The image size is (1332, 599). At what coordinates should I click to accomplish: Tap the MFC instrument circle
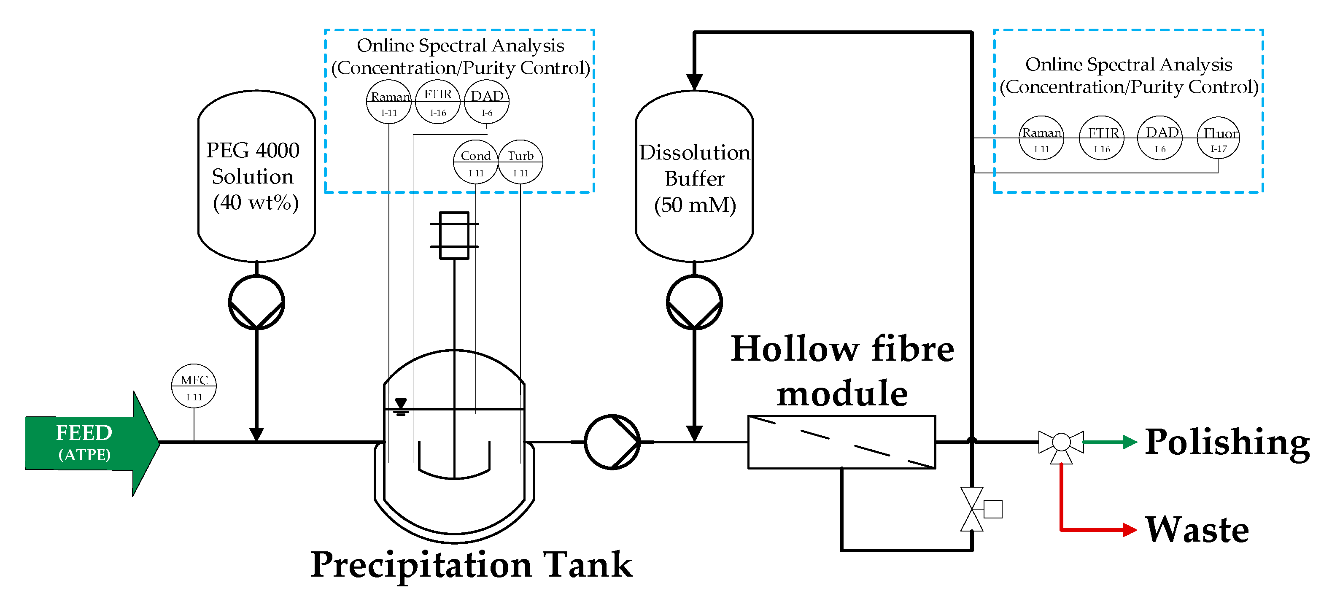click(x=194, y=386)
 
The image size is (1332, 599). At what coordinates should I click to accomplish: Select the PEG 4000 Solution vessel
click(x=256, y=176)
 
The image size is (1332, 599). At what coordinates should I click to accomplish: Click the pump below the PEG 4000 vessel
click(x=256, y=302)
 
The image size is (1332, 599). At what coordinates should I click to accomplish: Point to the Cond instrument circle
click(x=476, y=162)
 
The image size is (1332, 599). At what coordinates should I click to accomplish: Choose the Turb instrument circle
click(x=520, y=162)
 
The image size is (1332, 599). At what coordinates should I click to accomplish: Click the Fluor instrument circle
click(x=1218, y=138)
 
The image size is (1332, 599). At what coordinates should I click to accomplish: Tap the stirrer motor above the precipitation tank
click(x=454, y=235)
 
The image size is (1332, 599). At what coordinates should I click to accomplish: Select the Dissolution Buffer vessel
click(x=694, y=176)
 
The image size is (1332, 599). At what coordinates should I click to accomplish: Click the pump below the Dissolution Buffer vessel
click(x=694, y=302)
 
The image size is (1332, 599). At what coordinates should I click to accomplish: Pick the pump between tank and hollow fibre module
click(x=612, y=442)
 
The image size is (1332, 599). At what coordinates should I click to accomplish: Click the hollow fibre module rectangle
click(x=842, y=442)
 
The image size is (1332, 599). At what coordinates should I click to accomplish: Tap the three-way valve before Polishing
click(x=1061, y=444)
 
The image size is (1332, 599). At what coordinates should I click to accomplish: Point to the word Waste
click(x=1197, y=530)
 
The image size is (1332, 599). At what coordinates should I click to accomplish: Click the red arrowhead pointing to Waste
click(x=1130, y=530)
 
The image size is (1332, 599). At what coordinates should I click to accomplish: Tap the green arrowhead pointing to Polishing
click(x=1130, y=442)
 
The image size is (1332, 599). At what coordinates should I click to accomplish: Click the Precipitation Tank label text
click(x=472, y=565)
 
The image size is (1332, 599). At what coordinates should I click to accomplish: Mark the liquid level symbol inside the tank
click(x=401, y=407)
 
